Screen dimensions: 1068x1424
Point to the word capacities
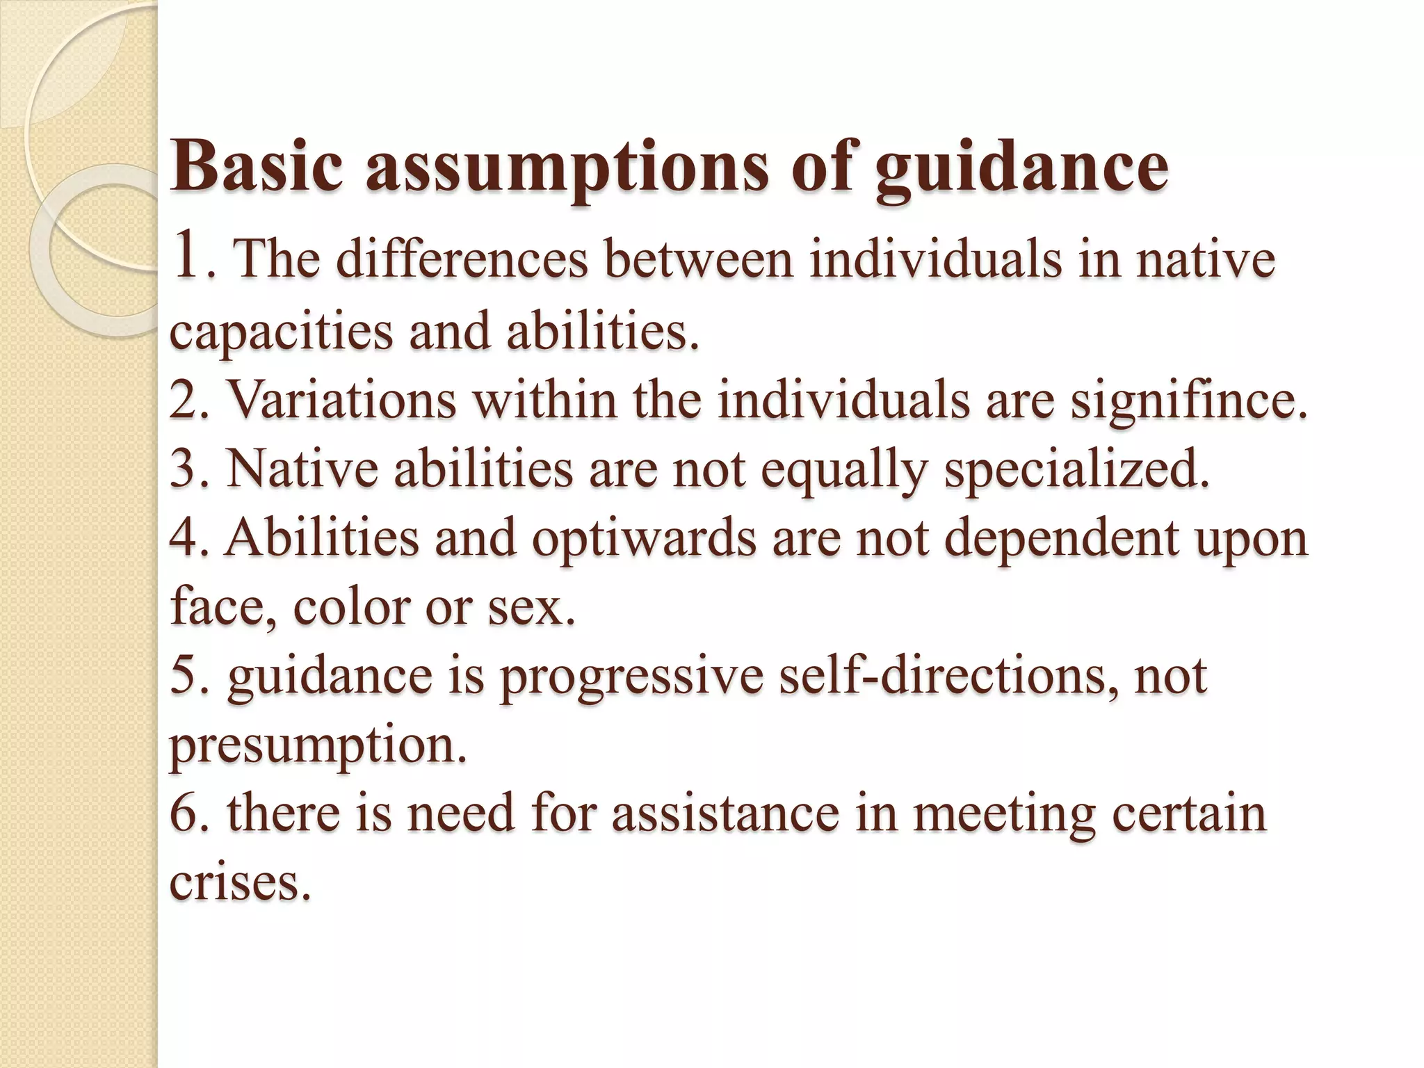click(x=281, y=332)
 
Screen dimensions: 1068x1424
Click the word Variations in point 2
click(x=341, y=401)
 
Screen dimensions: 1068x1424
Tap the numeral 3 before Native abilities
click(x=184, y=469)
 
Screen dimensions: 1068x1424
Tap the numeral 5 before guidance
click(x=184, y=676)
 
